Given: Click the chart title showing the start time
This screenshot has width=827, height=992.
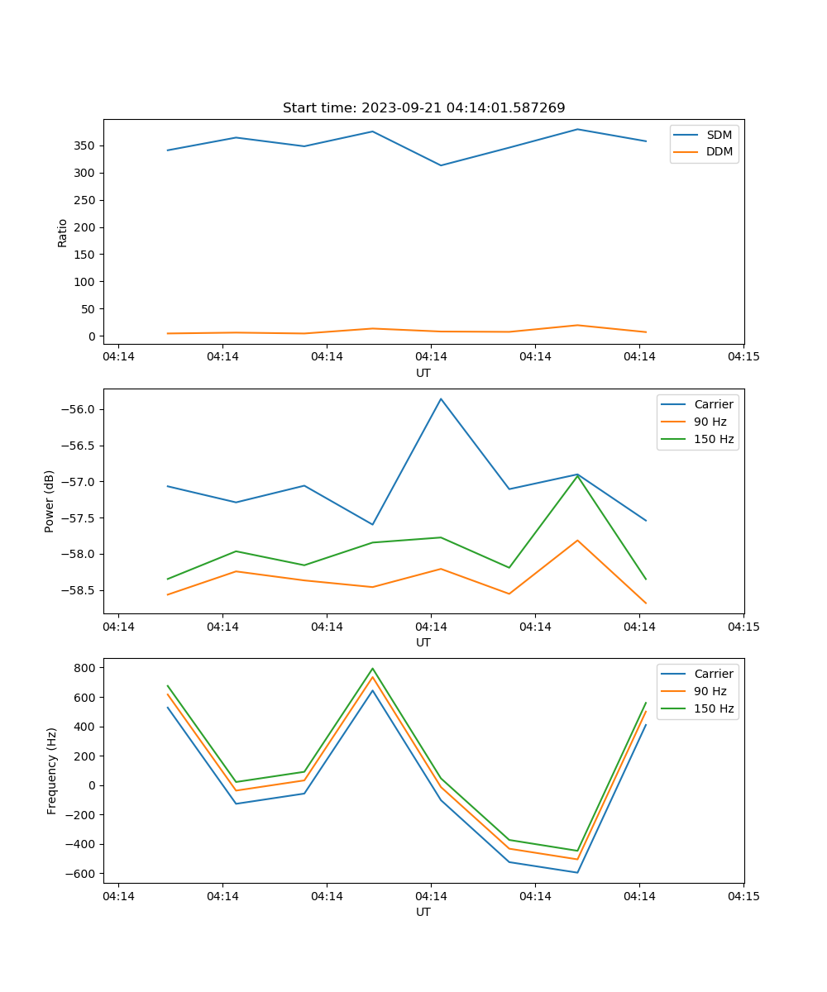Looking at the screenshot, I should click(x=423, y=108).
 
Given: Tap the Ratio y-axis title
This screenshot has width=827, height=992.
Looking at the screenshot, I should click(x=63, y=232).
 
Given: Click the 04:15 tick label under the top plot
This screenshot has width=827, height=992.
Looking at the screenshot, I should click(x=743, y=356).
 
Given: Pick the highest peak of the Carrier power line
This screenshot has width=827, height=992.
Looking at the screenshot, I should click(x=441, y=398).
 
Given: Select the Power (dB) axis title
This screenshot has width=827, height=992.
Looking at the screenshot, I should click(x=50, y=501).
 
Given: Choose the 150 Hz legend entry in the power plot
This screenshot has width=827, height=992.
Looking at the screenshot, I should click(x=714, y=439).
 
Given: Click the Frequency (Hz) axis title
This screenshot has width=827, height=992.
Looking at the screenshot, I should click(x=52, y=770).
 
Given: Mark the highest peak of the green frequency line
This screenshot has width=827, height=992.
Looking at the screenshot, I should click(x=372, y=668).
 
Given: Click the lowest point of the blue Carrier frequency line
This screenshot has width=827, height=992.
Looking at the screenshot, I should click(x=577, y=872).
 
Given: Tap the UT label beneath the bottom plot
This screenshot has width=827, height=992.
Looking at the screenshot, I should click(x=423, y=912).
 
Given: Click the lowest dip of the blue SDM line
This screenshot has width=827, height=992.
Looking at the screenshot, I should click(x=441, y=165).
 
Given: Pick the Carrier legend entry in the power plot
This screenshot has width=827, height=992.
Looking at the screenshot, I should click(x=713, y=404).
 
